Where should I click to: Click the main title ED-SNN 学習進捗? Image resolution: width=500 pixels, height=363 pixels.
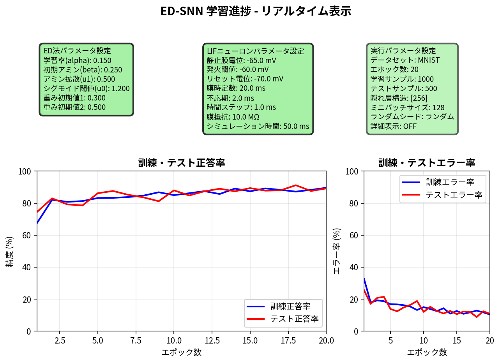point(256,11)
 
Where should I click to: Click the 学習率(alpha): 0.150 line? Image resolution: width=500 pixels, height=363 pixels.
point(77,60)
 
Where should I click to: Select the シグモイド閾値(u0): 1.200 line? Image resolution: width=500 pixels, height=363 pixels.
point(87,88)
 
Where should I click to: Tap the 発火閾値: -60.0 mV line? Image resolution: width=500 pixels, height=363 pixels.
point(237,70)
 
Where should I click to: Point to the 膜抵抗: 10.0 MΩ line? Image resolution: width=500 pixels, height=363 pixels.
point(233,117)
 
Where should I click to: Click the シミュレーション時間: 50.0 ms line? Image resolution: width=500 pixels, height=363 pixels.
point(258,126)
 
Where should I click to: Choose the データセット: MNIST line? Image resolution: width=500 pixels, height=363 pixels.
point(405,60)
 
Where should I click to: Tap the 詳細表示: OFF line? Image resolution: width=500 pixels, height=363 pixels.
point(393,126)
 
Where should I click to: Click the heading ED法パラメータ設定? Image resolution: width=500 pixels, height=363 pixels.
point(77,51)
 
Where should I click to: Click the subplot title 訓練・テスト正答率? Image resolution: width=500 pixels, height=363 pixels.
point(181,163)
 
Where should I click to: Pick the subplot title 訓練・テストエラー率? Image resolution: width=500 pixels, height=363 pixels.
point(427,163)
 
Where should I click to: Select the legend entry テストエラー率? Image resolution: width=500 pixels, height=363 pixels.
point(454,195)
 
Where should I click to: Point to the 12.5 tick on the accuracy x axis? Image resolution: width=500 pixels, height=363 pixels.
point(212,340)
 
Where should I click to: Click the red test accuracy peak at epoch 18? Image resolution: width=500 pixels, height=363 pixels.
point(295,185)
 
